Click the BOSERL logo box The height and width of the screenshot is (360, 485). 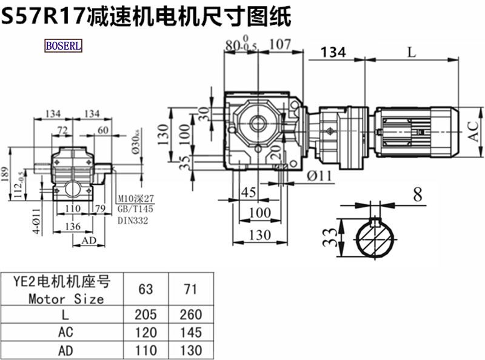pyautogui.click(x=63, y=45)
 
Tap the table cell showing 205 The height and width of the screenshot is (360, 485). pyautogui.click(x=146, y=315)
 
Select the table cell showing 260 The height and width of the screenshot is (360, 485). pyautogui.click(x=190, y=315)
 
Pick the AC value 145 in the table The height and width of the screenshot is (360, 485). pyautogui.click(x=190, y=333)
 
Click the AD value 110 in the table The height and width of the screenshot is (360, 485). pyautogui.click(x=146, y=350)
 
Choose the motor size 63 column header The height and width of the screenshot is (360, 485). pyautogui.click(x=146, y=289)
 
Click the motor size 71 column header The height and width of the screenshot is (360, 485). pyautogui.click(x=190, y=289)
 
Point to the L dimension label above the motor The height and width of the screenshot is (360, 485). pyautogui.click(x=412, y=52)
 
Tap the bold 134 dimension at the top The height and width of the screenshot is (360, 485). pyautogui.click(x=333, y=53)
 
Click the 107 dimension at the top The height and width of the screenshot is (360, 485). pyautogui.click(x=279, y=44)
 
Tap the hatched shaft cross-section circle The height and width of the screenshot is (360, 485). pyautogui.click(x=375, y=241)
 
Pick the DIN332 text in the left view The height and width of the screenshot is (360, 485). pyautogui.click(x=132, y=221)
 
